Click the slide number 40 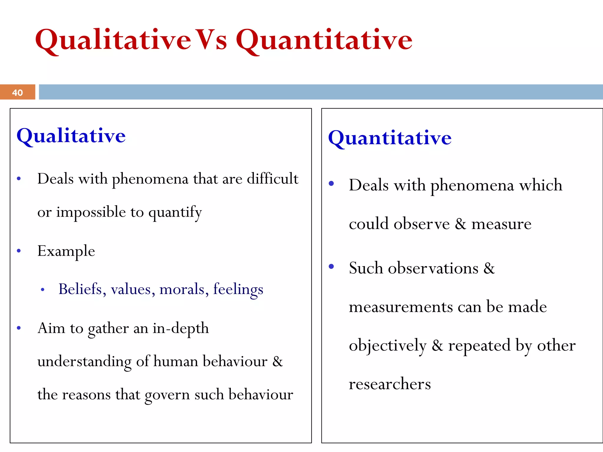point(17,93)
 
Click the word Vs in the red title point(211,40)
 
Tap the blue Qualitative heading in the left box point(71,136)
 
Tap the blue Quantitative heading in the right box point(390,138)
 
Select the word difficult point(272,179)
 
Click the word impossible point(91,212)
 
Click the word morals point(182,289)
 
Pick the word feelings point(238,289)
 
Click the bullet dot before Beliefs point(43,290)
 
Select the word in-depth point(180,328)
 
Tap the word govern point(167,395)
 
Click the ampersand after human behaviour point(277,361)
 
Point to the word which point(540,185)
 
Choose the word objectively point(387,345)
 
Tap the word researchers point(390,384)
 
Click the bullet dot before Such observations point(331,267)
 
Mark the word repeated point(479,345)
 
